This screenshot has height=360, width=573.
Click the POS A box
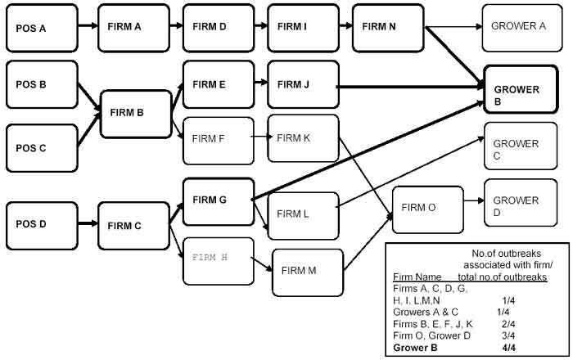tap(42, 26)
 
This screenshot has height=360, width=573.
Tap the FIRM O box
tap(428, 208)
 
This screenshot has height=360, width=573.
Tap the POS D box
tap(42, 223)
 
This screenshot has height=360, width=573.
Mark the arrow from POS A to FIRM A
tap(88, 26)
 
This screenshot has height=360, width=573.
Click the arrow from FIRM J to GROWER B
tap(409, 84)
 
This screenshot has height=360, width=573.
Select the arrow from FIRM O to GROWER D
tap(474, 205)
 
